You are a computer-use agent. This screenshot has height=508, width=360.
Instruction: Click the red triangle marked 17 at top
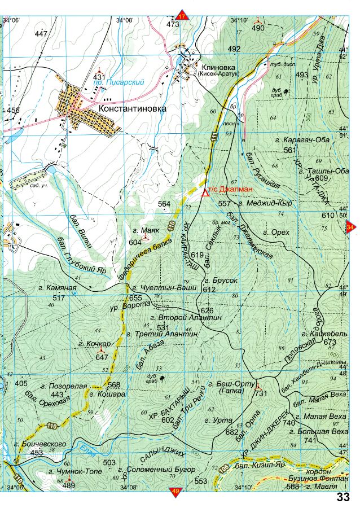tap(181, 16)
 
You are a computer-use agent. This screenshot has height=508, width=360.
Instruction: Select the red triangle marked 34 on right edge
tap(350, 227)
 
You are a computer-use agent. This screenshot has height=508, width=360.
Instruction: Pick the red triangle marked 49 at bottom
tap(175, 492)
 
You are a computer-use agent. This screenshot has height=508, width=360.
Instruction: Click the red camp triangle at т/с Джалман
tap(204, 192)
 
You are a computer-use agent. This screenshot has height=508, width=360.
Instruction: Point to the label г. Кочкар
tap(99, 343)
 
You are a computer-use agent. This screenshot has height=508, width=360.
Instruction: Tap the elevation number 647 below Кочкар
tap(102, 357)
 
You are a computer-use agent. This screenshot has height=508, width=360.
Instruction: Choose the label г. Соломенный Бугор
tap(157, 470)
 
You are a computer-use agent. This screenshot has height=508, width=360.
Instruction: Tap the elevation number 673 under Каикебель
tap(330, 342)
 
